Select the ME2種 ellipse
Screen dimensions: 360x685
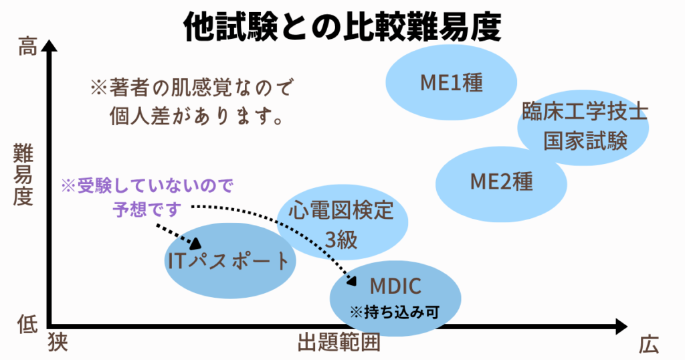(x=502, y=182)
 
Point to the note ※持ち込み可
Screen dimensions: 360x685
(x=395, y=312)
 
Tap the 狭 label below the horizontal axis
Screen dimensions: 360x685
(x=58, y=343)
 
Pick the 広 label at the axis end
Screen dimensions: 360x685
(x=648, y=344)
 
